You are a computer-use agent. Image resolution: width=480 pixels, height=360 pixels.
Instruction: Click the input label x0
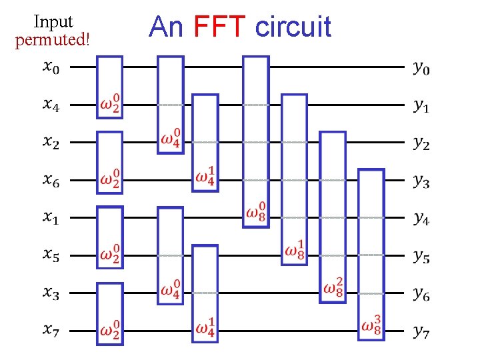pyautogui.click(x=51, y=67)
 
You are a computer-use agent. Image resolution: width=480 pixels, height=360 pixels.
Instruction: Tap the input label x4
pyautogui.click(x=51, y=105)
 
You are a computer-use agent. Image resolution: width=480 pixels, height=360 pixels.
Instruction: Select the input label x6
pyautogui.click(x=51, y=179)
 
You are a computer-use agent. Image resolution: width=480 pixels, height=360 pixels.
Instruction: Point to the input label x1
pyautogui.click(x=51, y=217)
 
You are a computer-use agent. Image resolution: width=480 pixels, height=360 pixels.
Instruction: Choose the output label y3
pyautogui.click(x=421, y=180)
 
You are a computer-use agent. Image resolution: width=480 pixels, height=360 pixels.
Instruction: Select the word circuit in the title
pyautogui.click(x=293, y=27)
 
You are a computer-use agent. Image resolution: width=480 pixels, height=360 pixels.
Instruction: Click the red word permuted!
pyautogui.click(x=52, y=39)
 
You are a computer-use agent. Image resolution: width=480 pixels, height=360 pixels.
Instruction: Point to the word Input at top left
pyautogui.click(x=53, y=22)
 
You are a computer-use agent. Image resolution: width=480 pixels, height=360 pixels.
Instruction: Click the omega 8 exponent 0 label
pyautogui.click(x=257, y=212)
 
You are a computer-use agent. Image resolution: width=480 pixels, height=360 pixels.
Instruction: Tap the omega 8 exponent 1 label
pyautogui.click(x=295, y=249)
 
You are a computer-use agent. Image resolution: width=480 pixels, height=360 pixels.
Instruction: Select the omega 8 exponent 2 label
pyautogui.click(x=333, y=287)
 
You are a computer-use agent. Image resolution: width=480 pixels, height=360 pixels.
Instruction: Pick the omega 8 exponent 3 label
pyautogui.click(x=371, y=325)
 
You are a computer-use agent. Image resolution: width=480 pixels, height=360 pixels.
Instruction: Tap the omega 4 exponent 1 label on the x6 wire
pyautogui.click(x=205, y=177)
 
